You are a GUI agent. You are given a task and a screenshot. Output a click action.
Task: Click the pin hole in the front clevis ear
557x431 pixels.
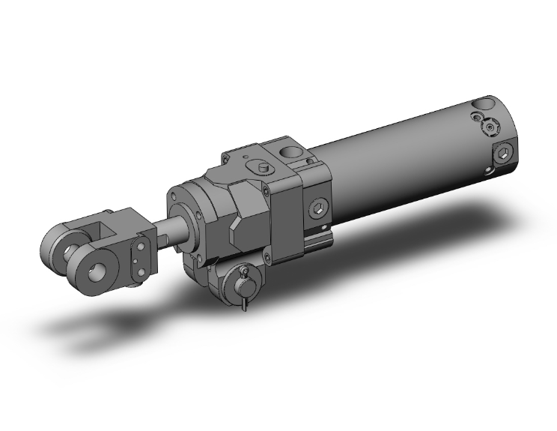click(x=99, y=266)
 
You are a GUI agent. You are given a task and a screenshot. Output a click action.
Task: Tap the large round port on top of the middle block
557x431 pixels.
click(x=293, y=154)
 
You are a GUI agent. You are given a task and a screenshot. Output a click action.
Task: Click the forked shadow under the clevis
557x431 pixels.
click(x=97, y=330)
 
